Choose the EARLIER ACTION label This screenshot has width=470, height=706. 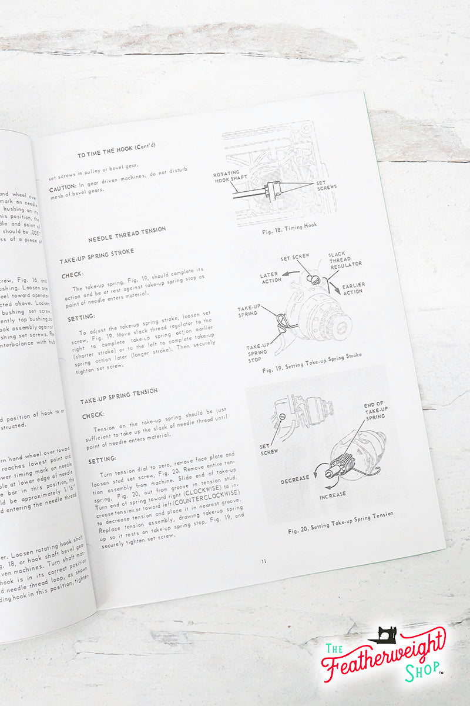(353, 288)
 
